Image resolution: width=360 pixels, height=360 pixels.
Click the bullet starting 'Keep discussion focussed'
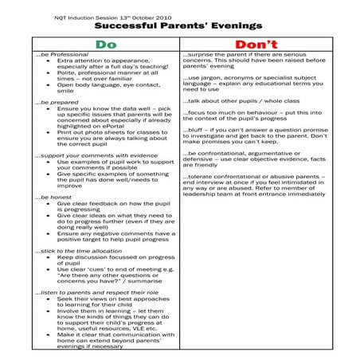click(115, 258)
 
